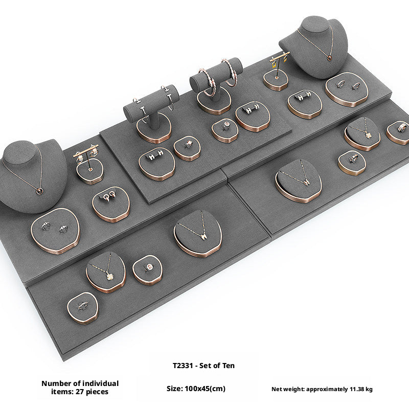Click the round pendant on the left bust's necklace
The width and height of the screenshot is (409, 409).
(x=39, y=191)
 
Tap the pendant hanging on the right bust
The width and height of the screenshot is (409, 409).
(x=330, y=58)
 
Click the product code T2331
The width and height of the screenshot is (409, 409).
(x=183, y=366)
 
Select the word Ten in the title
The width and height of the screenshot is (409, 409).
(x=229, y=366)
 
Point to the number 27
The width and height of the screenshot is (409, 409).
(x=80, y=392)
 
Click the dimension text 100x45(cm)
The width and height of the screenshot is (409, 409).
(x=205, y=389)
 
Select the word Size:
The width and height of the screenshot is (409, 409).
(x=175, y=389)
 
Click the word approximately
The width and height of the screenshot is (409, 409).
(x=327, y=390)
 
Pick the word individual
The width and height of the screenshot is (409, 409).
(x=100, y=383)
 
